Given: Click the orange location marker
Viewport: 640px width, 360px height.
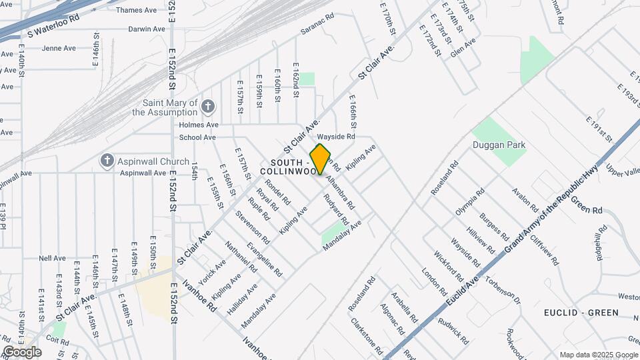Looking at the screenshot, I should (x=321, y=159).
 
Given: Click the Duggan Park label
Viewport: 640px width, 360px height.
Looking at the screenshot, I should (x=499, y=145).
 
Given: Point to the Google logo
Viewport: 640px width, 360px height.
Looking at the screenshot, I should (x=22, y=352).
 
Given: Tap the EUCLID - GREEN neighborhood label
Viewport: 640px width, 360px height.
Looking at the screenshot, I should (x=581, y=312).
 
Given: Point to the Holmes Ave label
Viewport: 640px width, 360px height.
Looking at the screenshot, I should (x=199, y=125).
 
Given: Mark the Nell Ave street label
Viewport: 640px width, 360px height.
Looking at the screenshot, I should (x=52, y=258).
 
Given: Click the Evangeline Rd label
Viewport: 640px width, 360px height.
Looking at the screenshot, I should (x=265, y=259).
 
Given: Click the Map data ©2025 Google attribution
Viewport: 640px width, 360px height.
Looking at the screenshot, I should (x=598, y=355).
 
